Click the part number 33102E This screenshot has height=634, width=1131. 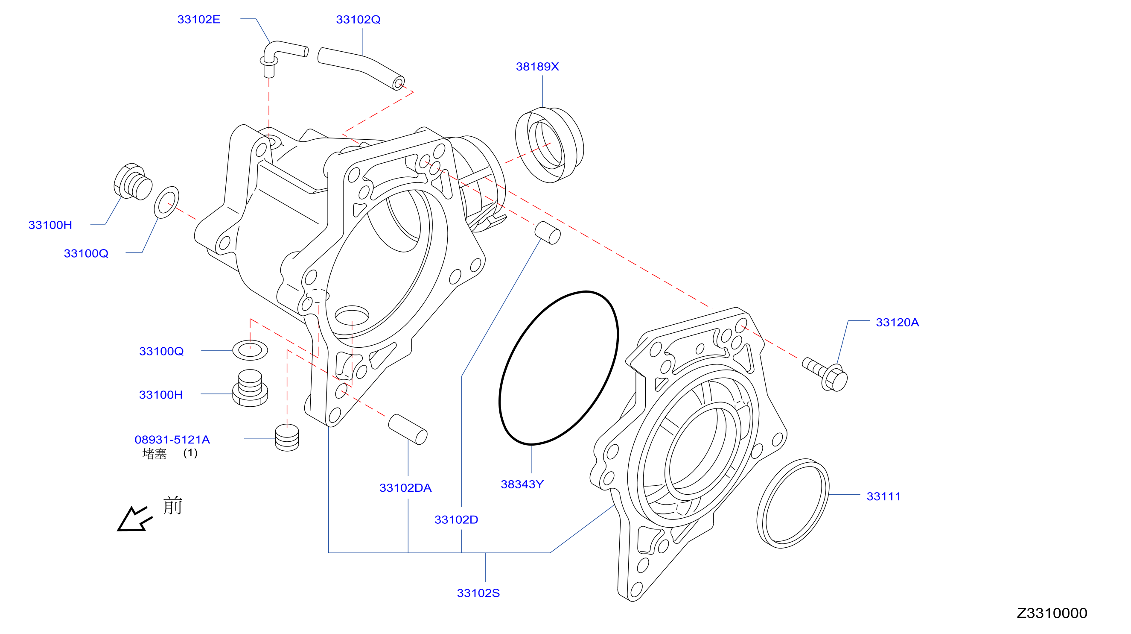click(198, 19)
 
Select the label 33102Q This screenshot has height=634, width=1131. click(358, 19)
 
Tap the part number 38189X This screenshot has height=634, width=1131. click(537, 66)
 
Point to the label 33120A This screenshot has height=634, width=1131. click(897, 322)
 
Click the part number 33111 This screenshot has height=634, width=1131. click(883, 496)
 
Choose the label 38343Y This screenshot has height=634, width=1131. click(522, 484)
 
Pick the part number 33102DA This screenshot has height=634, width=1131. click(405, 488)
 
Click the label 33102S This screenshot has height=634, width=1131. click(478, 593)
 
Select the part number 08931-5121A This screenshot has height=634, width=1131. click(172, 439)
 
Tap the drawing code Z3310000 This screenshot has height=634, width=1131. click(1052, 613)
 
